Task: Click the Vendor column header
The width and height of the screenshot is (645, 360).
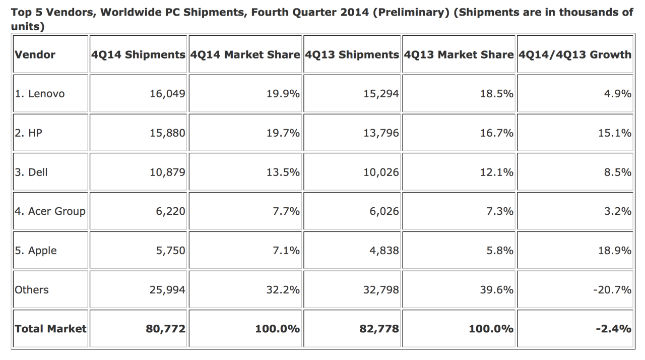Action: (x=35, y=54)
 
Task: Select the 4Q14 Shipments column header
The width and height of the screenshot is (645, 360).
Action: (x=138, y=54)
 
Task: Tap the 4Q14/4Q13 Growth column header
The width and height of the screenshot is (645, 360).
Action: (x=574, y=54)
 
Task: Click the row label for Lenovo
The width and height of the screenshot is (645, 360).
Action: (x=40, y=94)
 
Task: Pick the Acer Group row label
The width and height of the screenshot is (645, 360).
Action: (x=50, y=211)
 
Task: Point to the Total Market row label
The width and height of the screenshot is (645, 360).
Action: (x=50, y=329)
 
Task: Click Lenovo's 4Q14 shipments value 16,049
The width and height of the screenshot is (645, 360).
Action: (x=167, y=94)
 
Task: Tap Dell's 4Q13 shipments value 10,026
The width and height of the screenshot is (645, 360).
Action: (x=381, y=172)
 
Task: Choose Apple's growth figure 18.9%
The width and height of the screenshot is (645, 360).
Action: (x=615, y=251)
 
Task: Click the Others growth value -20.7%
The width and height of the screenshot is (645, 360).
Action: (x=613, y=290)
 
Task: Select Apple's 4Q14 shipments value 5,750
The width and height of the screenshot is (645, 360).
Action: (x=170, y=251)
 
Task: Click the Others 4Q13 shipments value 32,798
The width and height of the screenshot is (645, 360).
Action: (x=381, y=290)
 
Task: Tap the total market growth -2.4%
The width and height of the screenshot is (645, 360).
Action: (x=615, y=329)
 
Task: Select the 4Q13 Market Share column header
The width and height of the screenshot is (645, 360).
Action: (x=459, y=54)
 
